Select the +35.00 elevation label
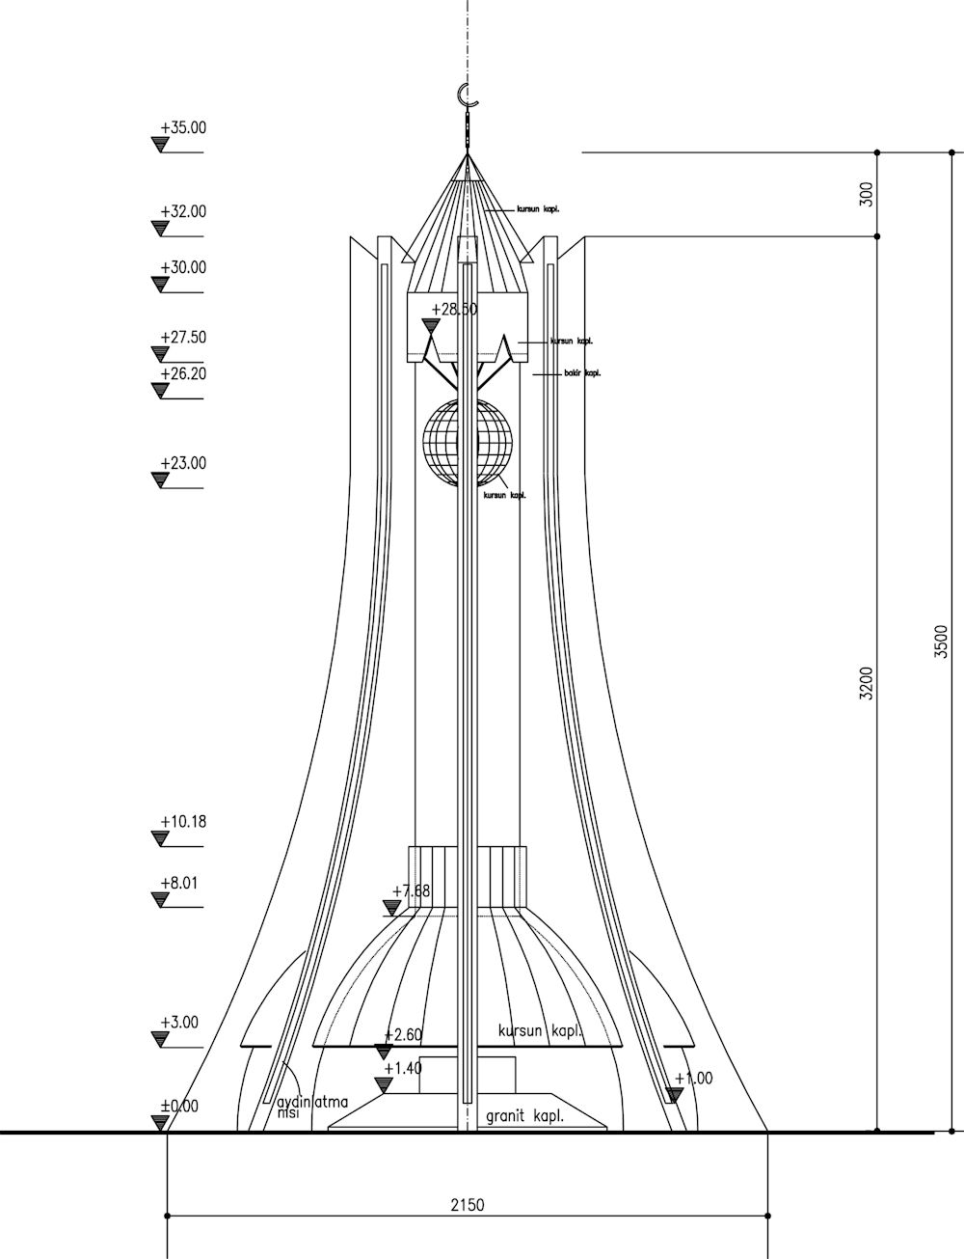tap(183, 127)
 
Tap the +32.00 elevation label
tap(183, 212)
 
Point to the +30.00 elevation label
tap(183, 268)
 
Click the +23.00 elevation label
tap(183, 464)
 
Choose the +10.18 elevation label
tap(183, 823)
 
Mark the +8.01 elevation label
tap(179, 883)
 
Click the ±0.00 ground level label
tap(179, 1107)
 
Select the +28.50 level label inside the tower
tap(454, 310)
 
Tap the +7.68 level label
tap(412, 891)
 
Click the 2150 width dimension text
tap(468, 1205)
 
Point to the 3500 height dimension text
tap(942, 642)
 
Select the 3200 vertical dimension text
tap(867, 683)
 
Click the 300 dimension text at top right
tap(867, 194)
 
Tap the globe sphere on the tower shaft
tap(468, 442)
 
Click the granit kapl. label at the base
tap(525, 1117)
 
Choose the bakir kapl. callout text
tap(582, 373)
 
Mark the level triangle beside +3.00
tap(161, 1039)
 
